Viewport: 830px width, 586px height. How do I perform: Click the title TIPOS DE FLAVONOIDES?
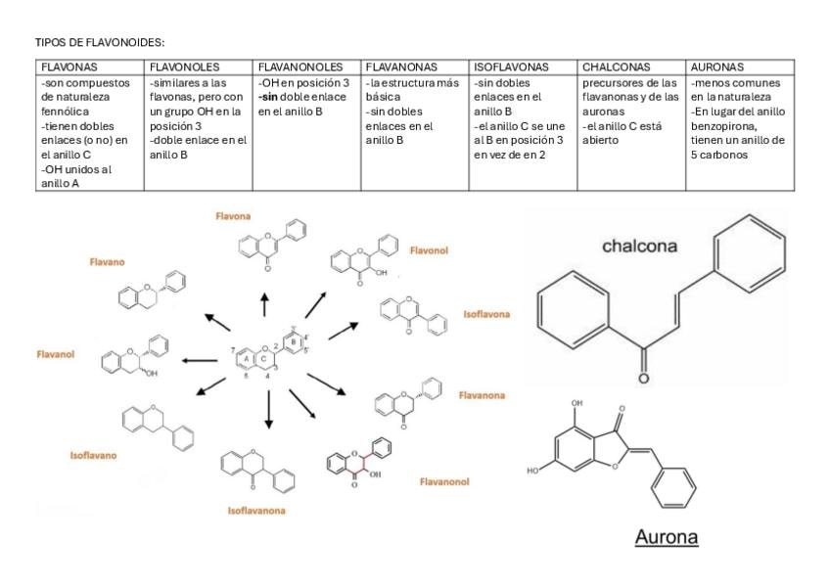point(100,43)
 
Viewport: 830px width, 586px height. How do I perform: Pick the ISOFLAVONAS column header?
point(511,68)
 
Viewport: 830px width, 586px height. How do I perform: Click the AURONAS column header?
point(717,68)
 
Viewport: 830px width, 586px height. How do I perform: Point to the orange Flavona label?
point(234,215)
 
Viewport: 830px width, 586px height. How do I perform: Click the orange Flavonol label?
point(429,250)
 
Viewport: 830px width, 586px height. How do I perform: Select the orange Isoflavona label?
point(486,314)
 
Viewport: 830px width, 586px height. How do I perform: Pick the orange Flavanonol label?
point(444,481)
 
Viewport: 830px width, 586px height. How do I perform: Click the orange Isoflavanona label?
point(256,511)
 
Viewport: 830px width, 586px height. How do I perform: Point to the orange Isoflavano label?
point(93,455)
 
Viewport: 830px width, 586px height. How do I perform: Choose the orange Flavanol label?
point(56,354)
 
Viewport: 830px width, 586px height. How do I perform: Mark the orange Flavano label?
point(108,262)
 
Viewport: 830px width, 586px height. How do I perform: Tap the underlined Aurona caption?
point(666,538)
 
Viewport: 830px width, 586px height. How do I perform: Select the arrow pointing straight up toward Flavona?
point(264,302)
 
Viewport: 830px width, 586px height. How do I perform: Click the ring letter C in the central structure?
point(263,358)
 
